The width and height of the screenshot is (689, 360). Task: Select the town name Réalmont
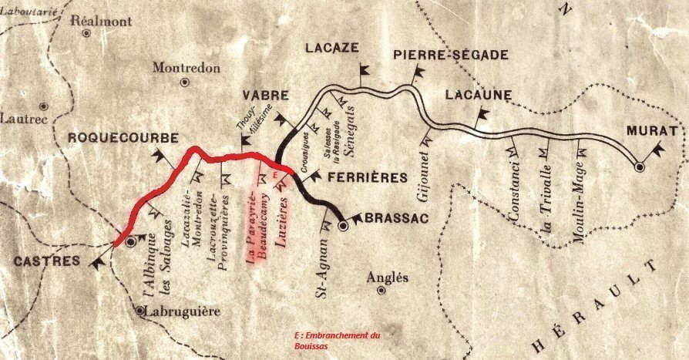(x=96, y=22)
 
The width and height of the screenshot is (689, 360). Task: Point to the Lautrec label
(x=24, y=119)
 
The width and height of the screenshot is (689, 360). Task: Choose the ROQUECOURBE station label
(x=123, y=138)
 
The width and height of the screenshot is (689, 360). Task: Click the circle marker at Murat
(x=639, y=166)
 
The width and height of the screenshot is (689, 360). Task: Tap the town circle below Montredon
(x=184, y=82)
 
